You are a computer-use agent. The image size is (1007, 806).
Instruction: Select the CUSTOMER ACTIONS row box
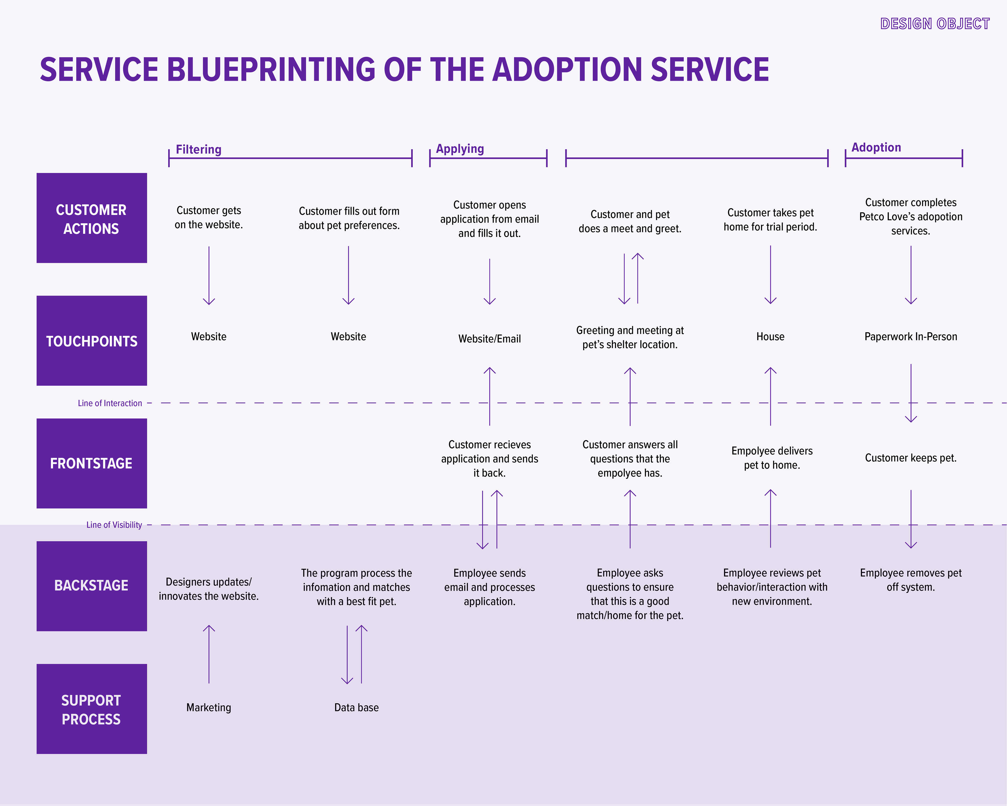click(92, 218)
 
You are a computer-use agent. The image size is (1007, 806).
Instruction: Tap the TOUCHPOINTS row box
click(92, 341)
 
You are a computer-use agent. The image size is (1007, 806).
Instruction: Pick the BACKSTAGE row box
click(92, 586)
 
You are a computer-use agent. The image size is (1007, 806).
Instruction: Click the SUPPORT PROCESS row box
click(92, 709)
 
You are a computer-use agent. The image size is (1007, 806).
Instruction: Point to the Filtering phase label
click(199, 150)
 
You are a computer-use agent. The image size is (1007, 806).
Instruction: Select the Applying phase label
click(460, 149)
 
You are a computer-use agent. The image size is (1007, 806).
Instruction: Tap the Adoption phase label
click(876, 148)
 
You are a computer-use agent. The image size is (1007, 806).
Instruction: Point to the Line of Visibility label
click(114, 525)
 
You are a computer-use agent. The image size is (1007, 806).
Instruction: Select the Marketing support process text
click(209, 707)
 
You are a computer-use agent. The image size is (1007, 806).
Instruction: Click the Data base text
click(356, 707)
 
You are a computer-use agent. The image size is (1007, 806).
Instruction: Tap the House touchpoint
click(770, 336)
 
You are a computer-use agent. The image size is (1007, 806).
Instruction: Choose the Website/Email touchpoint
click(490, 339)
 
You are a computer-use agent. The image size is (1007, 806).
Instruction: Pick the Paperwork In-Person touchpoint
click(911, 336)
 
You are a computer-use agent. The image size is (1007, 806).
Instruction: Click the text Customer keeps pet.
click(911, 458)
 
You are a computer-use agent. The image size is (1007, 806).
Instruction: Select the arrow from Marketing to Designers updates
click(209, 654)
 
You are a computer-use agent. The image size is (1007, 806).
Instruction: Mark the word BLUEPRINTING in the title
click(271, 69)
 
